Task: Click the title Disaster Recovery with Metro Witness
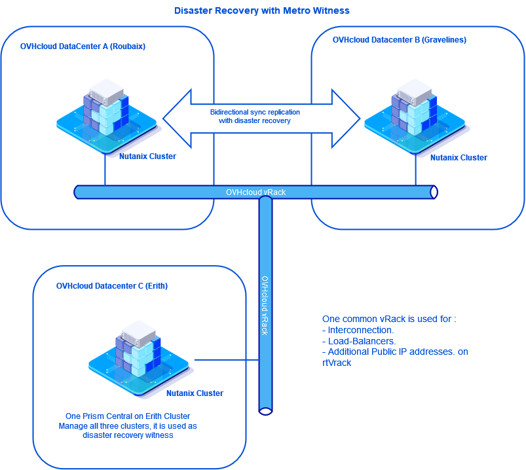[262, 11]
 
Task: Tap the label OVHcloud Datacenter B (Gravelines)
[399, 40]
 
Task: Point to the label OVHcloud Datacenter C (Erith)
[107, 286]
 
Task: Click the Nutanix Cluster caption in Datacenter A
[147, 156]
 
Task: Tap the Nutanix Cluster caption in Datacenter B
[459, 158]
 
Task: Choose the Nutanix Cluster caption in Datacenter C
[195, 393]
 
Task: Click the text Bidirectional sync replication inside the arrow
[255, 113]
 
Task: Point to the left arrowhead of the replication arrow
[176, 118]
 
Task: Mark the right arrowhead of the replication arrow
[347, 118]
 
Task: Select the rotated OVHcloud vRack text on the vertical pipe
[265, 305]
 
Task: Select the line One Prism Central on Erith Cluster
[128, 416]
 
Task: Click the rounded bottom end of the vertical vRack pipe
[265, 410]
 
